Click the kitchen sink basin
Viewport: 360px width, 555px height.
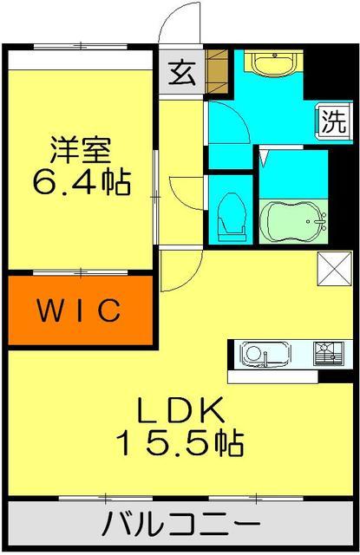click(x=258, y=353)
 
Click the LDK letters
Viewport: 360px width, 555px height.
click(x=180, y=408)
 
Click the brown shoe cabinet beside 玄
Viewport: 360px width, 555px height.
click(x=217, y=73)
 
